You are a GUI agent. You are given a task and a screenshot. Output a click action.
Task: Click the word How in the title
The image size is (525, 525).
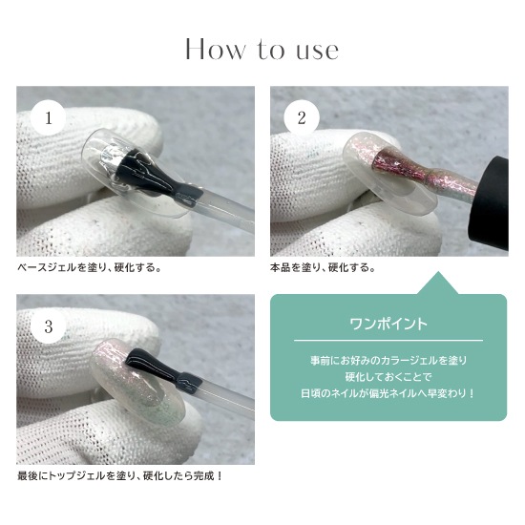(216, 50)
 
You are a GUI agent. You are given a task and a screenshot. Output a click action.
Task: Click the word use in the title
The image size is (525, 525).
(318, 52)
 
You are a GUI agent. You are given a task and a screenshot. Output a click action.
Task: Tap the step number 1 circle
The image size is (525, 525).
(49, 117)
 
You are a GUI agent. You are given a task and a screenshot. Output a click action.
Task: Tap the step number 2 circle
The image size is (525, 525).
(302, 117)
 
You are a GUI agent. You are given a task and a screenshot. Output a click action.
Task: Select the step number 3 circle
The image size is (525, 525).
(49, 325)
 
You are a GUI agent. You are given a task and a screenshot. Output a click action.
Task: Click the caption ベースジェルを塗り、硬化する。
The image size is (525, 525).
(90, 268)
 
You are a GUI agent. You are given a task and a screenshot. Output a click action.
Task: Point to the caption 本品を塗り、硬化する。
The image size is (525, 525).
(324, 268)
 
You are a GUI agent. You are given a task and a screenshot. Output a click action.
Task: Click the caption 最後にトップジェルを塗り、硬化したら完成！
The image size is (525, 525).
(120, 476)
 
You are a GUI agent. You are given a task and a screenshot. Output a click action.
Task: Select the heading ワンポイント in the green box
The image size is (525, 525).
(388, 324)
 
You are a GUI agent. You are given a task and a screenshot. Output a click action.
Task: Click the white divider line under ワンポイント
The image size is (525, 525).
(388, 340)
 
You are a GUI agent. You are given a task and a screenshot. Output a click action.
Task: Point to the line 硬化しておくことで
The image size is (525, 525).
(388, 377)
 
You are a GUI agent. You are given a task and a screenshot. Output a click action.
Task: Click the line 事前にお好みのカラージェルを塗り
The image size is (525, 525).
(388, 361)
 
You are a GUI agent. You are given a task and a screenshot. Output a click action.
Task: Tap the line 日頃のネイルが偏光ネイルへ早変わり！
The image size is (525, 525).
(388, 393)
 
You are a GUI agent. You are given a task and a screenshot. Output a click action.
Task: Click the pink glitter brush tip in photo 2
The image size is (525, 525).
(402, 163)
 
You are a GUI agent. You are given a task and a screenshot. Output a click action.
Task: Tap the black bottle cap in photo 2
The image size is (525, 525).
(490, 204)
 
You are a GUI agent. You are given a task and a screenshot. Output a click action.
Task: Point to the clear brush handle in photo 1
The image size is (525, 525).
(228, 211)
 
